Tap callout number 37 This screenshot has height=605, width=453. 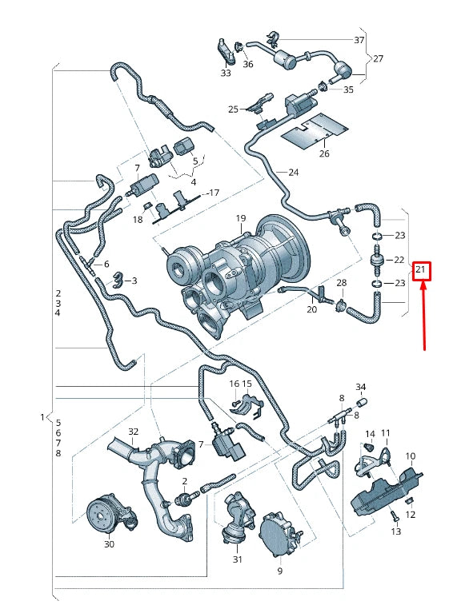click(x=359, y=39)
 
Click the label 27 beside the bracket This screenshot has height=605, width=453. click(x=379, y=58)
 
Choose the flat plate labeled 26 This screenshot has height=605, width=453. click(x=319, y=128)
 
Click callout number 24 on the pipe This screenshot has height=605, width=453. click(x=293, y=173)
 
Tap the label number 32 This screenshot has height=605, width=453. click(x=133, y=432)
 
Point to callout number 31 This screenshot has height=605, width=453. click(x=237, y=559)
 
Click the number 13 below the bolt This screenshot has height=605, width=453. click(x=395, y=531)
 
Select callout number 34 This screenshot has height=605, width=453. click(x=360, y=387)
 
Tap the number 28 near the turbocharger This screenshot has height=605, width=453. click(x=342, y=284)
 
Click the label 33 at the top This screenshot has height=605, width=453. click(x=226, y=73)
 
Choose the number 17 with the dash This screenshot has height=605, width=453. click(x=212, y=193)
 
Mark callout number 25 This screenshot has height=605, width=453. click(x=233, y=108)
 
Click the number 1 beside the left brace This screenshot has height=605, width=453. click(x=42, y=417)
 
